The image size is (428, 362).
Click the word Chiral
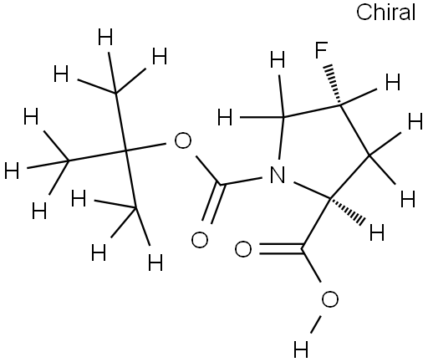click(386, 13)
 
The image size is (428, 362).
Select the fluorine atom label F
click(321, 50)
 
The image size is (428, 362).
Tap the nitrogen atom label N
click(278, 175)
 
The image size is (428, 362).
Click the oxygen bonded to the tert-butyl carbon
click(183, 140)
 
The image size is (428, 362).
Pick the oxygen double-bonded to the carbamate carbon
click(200, 240)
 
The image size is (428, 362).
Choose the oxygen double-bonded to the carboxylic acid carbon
click(243, 249)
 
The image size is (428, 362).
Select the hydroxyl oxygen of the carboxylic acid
click(330, 299)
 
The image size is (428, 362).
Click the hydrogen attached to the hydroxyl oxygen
click(301, 349)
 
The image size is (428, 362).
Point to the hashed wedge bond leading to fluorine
click(334, 85)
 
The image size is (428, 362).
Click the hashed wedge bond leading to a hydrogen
click(347, 209)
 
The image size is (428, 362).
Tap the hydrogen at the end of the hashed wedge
click(377, 232)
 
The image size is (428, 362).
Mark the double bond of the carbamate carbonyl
click(212, 203)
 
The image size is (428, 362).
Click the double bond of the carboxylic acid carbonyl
click(281, 248)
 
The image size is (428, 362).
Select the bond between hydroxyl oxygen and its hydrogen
click(316, 324)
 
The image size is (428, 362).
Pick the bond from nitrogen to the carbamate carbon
click(242, 181)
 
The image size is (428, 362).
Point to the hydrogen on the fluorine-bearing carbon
click(393, 82)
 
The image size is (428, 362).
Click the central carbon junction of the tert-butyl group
click(125, 151)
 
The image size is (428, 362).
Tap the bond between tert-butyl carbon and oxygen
click(145, 147)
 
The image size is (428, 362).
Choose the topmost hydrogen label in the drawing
click(105, 37)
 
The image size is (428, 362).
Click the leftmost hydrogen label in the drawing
click(12, 170)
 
